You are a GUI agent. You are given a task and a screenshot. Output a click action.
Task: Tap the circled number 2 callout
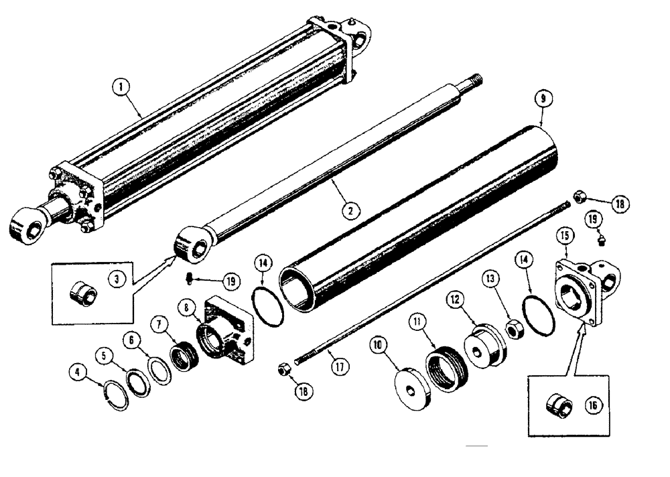tap(348, 209)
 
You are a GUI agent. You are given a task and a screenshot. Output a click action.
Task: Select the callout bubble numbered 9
tap(543, 99)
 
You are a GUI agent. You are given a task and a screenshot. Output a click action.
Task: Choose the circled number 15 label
tap(566, 236)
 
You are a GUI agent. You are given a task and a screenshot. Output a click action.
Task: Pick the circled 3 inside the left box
tap(119, 275)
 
